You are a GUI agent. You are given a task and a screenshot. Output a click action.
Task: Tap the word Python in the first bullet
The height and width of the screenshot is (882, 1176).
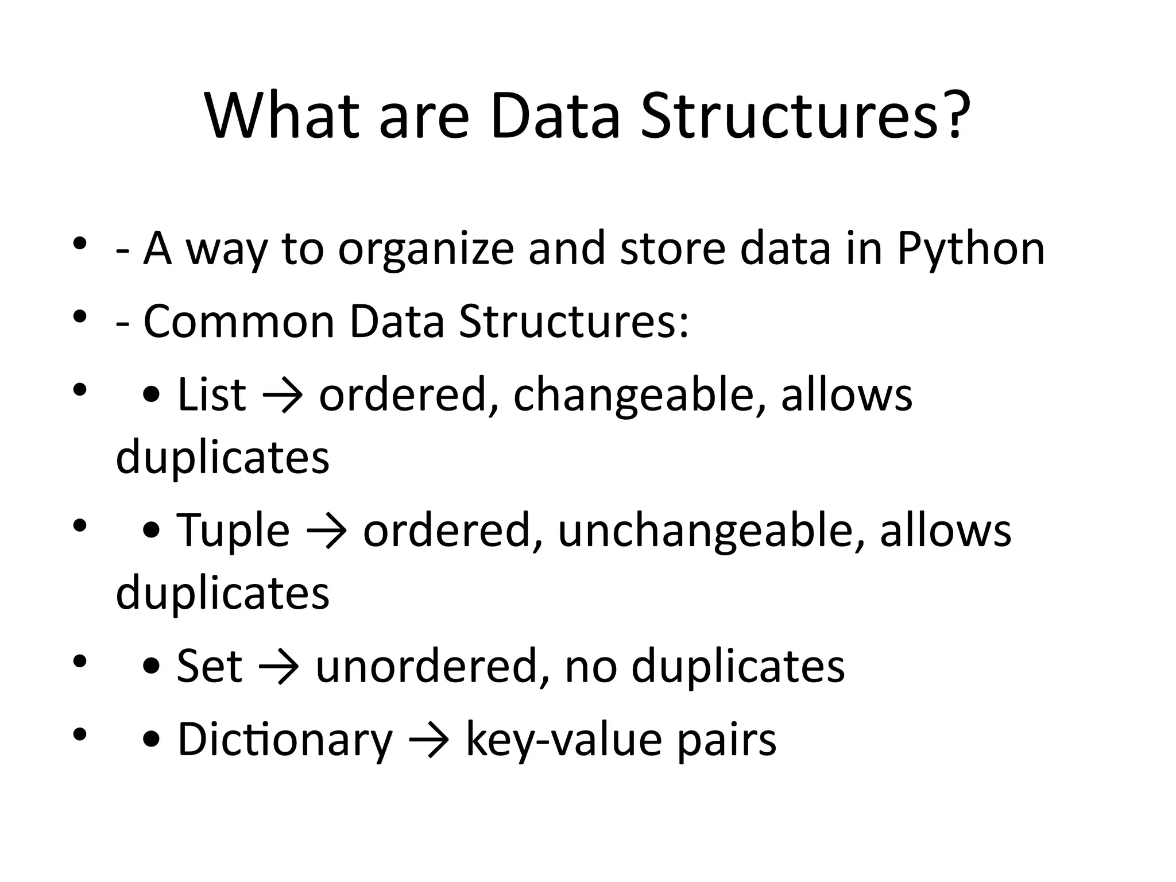pyautogui.click(x=970, y=249)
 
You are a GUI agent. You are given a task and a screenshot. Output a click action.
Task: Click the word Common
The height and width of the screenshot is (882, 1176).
pyautogui.click(x=239, y=322)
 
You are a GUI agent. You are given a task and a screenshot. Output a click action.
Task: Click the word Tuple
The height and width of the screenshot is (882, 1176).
pyautogui.click(x=233, y=531)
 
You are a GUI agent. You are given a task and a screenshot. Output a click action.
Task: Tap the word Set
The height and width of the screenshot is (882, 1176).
pyautogui.click(x=209, y=666)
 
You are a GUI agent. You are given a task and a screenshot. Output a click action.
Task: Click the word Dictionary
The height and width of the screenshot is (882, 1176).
pyautogui.click(x=285, y=740)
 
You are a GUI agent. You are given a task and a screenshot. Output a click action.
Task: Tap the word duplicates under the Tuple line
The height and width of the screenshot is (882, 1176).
pyautogui.click(x=223, y=593)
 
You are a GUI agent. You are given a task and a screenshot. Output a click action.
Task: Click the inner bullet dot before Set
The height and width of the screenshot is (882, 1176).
pyautogui.click(x=151, y=667)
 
